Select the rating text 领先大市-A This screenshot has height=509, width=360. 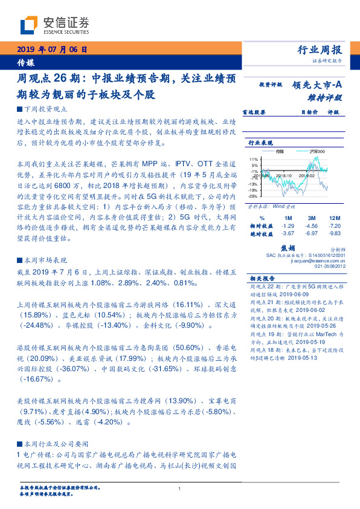[x=318, y=85]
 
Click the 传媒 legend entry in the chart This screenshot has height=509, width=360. [x=279, y=151]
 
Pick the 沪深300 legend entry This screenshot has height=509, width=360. [x=317, y=151]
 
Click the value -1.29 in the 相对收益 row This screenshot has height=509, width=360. [x=288, y=225]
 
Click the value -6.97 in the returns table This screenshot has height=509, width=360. [x=312, y=233]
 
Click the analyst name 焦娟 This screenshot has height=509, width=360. [x=288, y=248]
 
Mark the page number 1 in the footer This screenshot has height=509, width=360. [x=180, y=488]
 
